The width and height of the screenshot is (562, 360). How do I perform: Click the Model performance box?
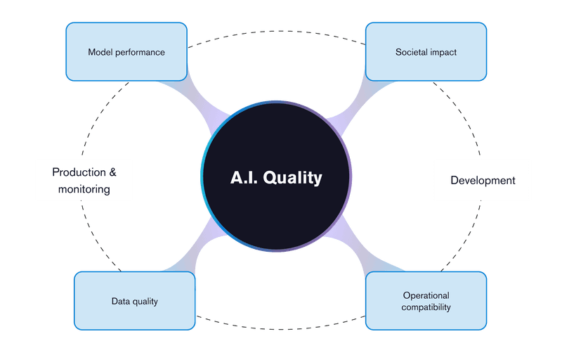tap(126, 51)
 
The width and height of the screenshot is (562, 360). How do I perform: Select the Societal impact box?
tap(426, 51)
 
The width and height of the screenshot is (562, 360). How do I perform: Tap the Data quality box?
tap(135, 300)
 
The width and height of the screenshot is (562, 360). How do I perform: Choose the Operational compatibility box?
tap(426, 300)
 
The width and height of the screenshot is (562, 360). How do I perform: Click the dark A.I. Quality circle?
tap(276, 176)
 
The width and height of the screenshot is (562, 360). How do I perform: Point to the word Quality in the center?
tap(292, 178)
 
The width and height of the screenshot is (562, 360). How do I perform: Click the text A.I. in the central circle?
tap(244, 177)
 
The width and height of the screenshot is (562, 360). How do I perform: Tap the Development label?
tap(483, 181)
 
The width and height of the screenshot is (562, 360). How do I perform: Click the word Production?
tap(79, 172)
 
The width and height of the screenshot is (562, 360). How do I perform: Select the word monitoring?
tap(84, 189)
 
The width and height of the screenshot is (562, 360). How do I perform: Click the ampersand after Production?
tap(113, 172)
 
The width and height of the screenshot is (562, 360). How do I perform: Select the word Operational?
tap(426, 295)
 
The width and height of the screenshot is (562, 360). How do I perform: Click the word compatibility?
tap(426, 307)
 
